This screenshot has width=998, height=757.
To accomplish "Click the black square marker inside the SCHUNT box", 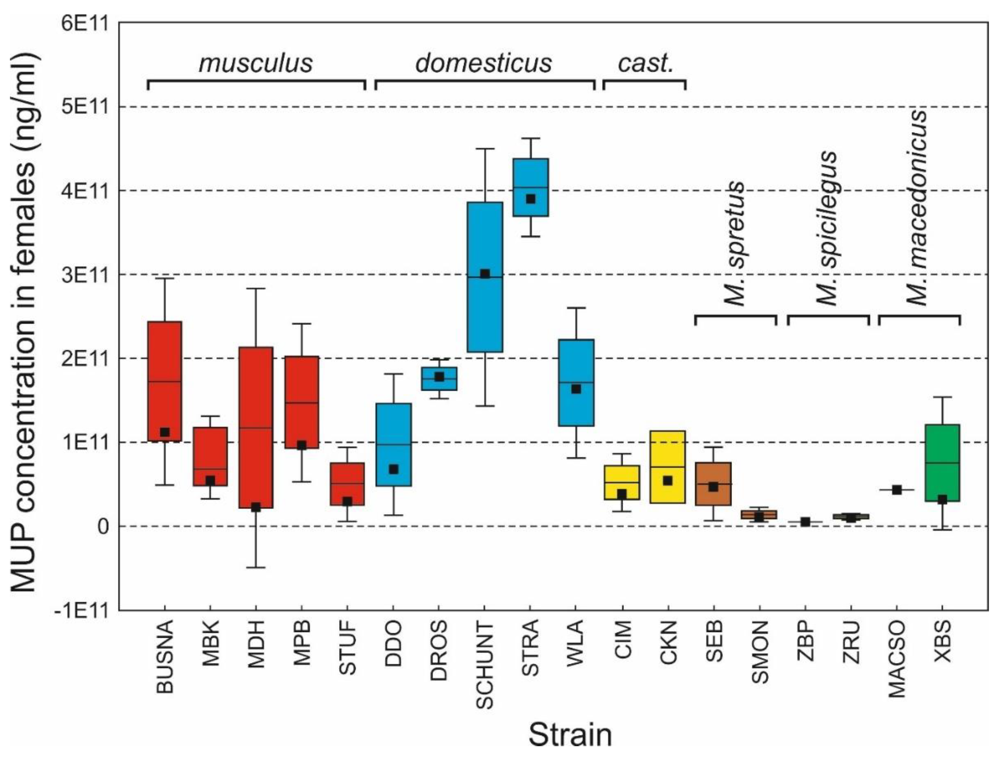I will click(485, 274).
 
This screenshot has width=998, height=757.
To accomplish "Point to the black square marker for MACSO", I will click(897, 490).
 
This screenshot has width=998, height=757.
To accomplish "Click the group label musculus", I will click(255, 63).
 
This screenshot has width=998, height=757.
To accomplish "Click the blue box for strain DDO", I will click(394, 444).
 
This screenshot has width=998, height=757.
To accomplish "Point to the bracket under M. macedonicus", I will click(919, 317).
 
